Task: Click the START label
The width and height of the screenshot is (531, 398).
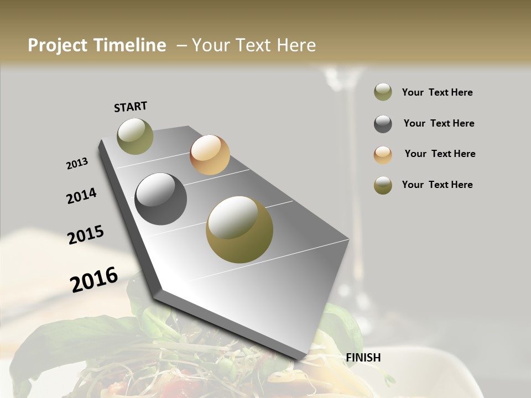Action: pyautogui.click(x=131, y=107)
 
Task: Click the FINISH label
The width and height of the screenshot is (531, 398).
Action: pyautogui.click(x=363, y=358)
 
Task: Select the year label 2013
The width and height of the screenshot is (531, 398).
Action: pyautogui.click(x=77, y=164)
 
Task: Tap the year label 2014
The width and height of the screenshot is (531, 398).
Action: pyautogui.click(x=82, y=196)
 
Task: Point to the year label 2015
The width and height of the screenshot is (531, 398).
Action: pyautogui.click(x=86, y=235)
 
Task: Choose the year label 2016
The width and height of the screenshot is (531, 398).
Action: pyautogui.click(x=94, y=280)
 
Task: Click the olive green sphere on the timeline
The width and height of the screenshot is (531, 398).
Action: pyautogui.click(x=135, y=136)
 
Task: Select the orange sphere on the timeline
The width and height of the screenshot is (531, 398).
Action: pyautogui.click(x=210, y=155)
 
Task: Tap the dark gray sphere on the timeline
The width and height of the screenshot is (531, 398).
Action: pyautogui.click(x=161, y=199)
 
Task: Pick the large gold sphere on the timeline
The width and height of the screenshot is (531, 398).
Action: pyautogui.click(x=240, y=229)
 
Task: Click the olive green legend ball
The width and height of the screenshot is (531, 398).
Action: pyautogui.click(x=383, y=92)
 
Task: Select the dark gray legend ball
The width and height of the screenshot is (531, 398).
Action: pyautogui.click(x=383, y=124)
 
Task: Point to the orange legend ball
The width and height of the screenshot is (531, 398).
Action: pyautogui.click(x=383, y=155)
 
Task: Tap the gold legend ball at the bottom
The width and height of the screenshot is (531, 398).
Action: pyautogui.click(x=383, y=185)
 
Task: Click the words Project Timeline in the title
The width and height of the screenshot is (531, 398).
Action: pyautogui.click(x=97, y=45)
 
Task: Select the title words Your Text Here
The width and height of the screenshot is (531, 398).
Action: pyautogui.click(x=254, y=45)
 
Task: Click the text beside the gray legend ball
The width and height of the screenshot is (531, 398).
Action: pyautogui.click(x=439, y=123)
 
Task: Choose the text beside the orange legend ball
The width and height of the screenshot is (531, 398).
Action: pyautogui.click(x=440, y=154)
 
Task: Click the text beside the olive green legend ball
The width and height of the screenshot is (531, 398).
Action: pyautogui.click(x=437, y=92)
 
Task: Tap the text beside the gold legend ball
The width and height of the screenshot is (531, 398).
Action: pyautogui.click(x=437, y=185)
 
